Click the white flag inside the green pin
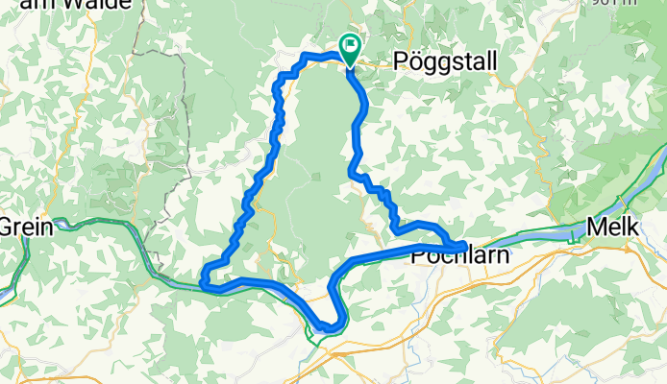[350, 43]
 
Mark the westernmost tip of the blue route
[204, 279]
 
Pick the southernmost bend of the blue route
[331, 328]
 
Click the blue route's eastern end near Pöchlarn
[464, 247]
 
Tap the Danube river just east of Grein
[77, 227]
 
